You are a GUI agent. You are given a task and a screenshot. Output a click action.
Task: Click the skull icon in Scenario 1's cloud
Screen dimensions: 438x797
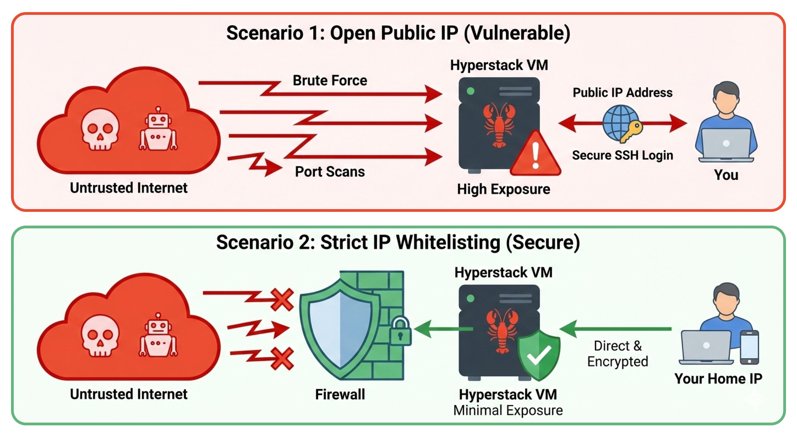point(100,129)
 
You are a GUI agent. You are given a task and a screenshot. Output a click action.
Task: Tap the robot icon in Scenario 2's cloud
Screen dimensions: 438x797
point(158,335)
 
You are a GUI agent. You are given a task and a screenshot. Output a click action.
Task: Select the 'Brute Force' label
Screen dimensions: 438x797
point(330,80)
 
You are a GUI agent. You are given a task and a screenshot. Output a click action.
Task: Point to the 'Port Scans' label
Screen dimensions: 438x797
point(330,172)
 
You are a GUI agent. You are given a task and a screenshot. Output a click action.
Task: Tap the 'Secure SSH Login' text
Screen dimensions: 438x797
point(623,155)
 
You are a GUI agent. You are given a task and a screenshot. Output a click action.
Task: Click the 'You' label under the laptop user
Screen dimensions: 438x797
point(726,175)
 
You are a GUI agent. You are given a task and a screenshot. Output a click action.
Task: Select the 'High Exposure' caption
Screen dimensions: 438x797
point(503,189)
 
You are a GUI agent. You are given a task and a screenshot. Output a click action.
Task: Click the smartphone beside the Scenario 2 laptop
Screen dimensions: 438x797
point(749,347)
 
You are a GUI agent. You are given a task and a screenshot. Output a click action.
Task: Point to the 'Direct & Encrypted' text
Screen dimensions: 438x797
point(618,354)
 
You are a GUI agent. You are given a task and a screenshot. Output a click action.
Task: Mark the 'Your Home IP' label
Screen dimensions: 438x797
point(718,379)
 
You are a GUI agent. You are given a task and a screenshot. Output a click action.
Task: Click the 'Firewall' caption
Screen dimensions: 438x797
point(340,394)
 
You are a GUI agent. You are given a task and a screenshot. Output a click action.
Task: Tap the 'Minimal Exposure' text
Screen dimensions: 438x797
point(508,410)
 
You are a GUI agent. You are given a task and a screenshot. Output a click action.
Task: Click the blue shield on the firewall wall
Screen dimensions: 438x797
point(340,328)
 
